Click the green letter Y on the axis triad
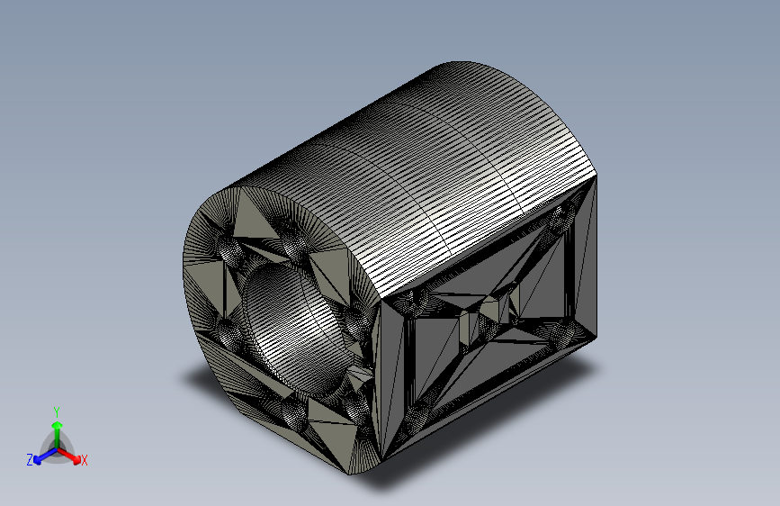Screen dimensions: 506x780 [56, 410]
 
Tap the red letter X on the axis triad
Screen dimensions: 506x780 [85, 461]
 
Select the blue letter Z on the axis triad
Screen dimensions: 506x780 [30, 459]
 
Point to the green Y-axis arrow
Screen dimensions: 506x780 [56, 427]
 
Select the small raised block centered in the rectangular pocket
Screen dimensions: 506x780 [490, 311]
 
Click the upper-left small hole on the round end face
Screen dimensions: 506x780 [226, 245]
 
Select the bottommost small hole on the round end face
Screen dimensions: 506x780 [297, 414]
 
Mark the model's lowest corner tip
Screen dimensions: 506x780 [364, 474]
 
